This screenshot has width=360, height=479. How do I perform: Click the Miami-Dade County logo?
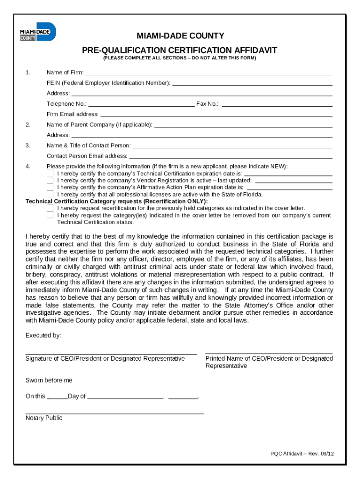click(37, 31)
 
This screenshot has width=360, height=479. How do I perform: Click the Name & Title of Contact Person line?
click(232, 146)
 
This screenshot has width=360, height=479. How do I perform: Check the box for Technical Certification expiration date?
click(50, 173)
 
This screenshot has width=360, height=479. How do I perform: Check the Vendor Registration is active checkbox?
click(50, 180)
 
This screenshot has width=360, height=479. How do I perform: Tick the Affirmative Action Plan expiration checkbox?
click(50, 187)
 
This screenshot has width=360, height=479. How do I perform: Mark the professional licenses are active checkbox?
click(50, 194)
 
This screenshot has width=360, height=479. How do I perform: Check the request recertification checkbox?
click(50, 208)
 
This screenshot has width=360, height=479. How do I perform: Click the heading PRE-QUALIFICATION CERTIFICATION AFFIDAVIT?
click(180, 50)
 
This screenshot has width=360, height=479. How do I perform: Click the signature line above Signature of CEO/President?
click(111, 354)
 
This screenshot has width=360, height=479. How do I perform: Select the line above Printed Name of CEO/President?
click(269, 353)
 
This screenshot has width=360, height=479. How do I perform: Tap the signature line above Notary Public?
click(115, 413)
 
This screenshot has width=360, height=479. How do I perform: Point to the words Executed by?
click(43, 335)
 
